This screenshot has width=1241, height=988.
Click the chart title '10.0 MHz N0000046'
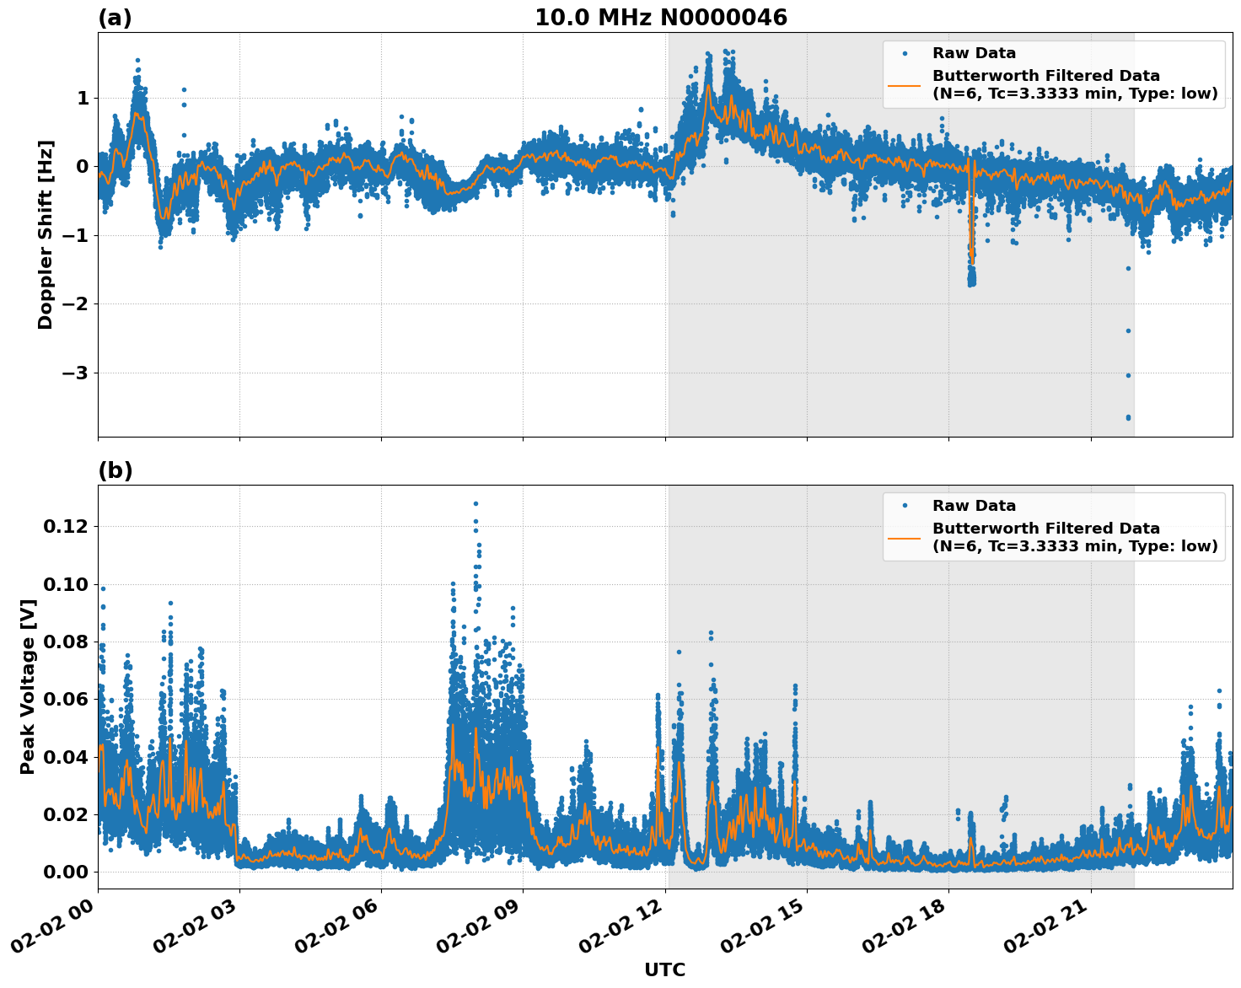[661, 18]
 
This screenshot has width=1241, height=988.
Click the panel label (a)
[115, 18]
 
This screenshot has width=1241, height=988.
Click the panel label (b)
[116, 470]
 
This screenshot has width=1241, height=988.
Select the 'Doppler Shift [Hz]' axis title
[46, 234]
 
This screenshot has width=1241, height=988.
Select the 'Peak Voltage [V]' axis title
[28, 686]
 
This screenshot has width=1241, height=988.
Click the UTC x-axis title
[664, 969]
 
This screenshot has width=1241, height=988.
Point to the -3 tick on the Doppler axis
[75, 373]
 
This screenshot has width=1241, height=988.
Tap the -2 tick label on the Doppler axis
[75, 303]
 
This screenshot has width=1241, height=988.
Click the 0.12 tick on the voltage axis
[66, 526]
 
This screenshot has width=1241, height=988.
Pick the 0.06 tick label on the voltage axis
[66, 699]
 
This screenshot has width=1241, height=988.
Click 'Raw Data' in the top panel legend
[974, 53]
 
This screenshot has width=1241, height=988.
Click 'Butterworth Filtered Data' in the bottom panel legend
[1045, 529]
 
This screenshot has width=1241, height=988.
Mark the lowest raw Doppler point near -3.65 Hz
[1128, 417]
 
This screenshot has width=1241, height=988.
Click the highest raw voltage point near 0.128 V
[475, 503]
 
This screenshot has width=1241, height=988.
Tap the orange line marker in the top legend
[905, 84]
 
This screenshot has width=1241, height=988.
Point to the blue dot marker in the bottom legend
[905, 506]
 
